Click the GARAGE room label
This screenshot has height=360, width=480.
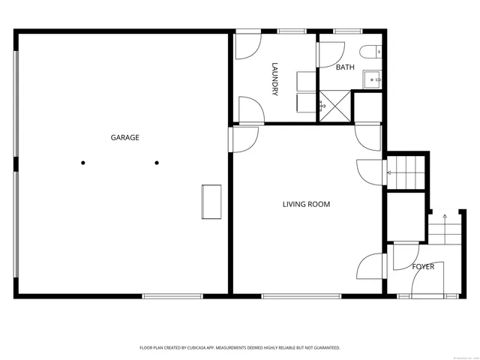[125, 137]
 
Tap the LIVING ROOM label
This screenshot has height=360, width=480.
[306, 204]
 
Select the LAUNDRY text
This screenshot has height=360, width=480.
[275, 79]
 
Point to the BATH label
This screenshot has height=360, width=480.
[345, 67]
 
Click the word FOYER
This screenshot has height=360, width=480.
[423, 266]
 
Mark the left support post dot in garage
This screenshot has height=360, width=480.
[83, 162]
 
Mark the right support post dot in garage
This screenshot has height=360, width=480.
[157, 162]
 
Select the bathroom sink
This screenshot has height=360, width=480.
[373, 78]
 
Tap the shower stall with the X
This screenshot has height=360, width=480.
[333, 106]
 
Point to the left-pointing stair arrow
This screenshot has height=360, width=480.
[389, 173]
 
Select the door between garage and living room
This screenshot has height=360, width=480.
[244, 139]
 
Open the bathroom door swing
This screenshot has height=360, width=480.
[328, 54]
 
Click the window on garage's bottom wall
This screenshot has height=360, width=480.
[172, 295]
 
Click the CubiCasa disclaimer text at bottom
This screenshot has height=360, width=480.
[240, 348]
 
